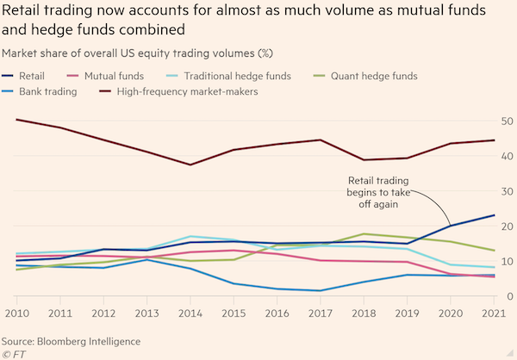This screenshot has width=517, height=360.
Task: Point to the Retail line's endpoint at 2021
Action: click(x=494, y=215)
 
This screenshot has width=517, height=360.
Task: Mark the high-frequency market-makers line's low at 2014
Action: click(x=190, y=164)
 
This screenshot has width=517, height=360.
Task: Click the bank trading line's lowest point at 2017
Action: click(x=320, y=290)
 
